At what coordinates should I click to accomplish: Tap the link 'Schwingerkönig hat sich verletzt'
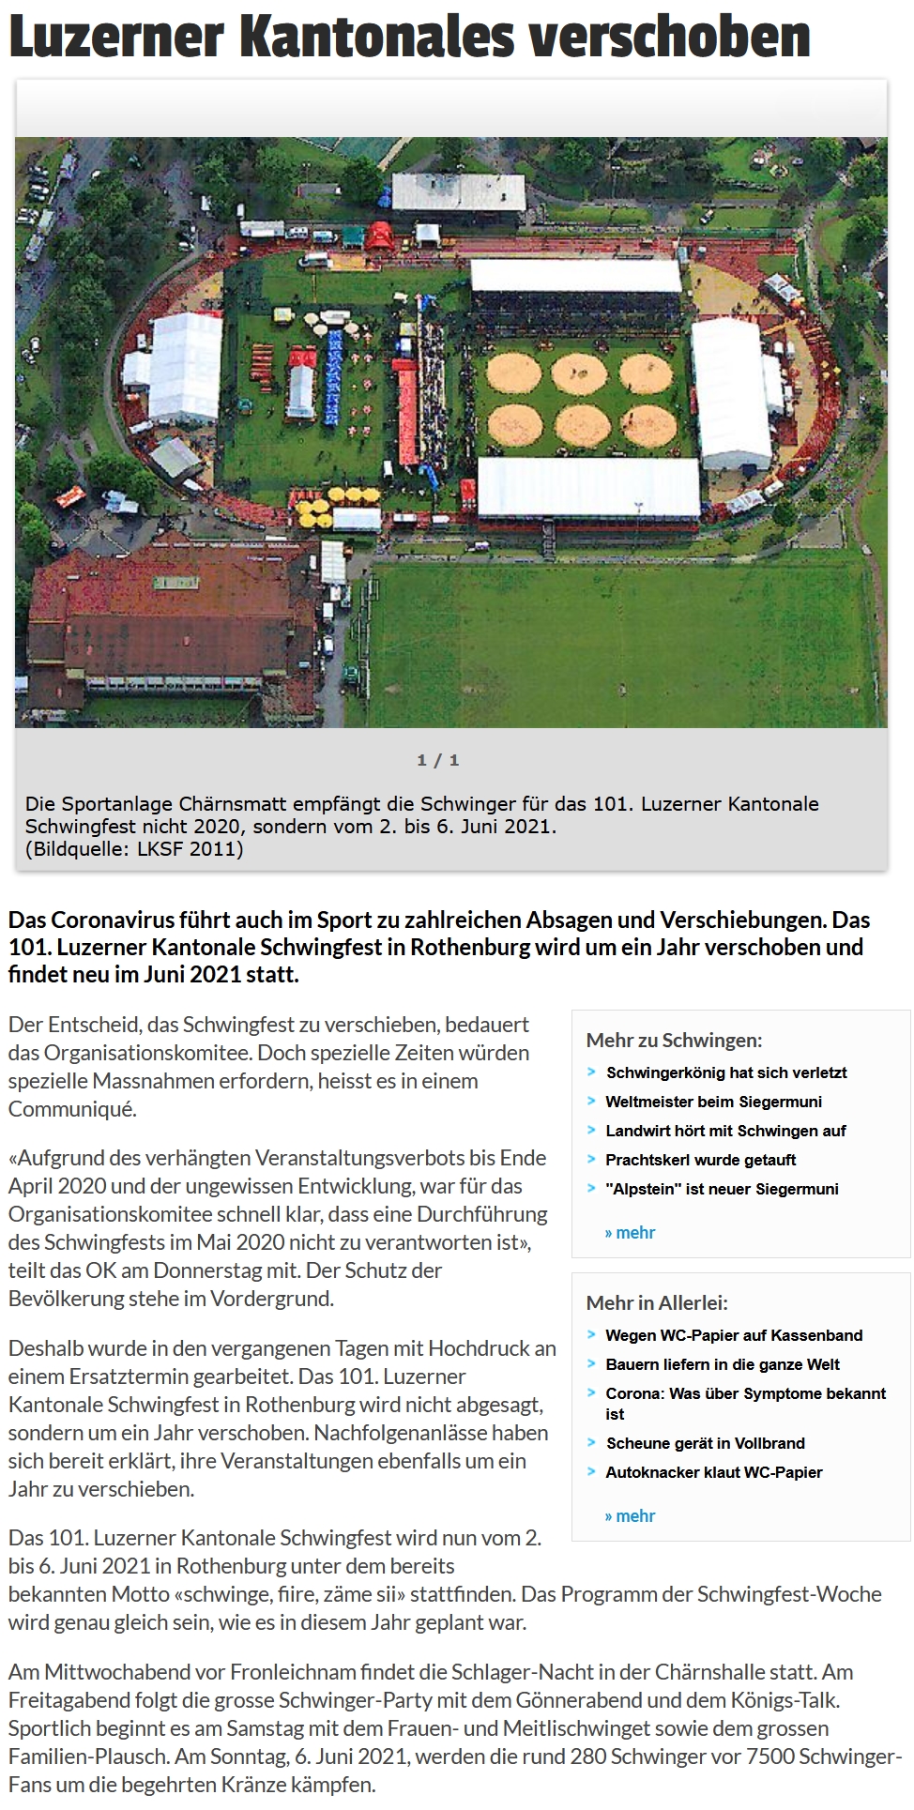726,1072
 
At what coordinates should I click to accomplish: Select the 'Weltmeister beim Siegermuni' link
713,1102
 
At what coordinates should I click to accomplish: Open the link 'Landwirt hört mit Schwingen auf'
725,1131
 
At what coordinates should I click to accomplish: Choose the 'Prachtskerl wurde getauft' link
700,1160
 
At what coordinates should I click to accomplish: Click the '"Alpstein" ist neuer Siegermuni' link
722,1189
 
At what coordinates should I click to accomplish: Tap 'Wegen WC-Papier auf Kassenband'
734,1335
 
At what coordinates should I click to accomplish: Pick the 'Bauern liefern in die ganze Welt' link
723,1364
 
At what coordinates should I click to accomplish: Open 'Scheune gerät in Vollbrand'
705,1443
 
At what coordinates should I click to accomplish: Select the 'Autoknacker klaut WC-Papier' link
713,1472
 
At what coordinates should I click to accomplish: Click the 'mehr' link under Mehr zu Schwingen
631,1233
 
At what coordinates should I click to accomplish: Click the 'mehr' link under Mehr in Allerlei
631,1516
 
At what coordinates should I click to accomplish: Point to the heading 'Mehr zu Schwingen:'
674,1040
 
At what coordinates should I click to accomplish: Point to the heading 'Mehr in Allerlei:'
657,1302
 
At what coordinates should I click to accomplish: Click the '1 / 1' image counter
438,760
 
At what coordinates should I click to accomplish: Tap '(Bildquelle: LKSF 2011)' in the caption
134,849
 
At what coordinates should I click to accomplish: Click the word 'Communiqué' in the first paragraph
72,1109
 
